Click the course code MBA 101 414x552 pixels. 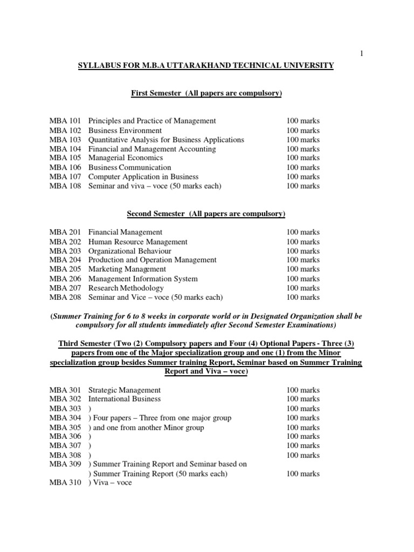(65, 121)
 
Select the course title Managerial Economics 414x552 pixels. (126, 158)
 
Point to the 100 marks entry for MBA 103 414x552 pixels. (303, 140)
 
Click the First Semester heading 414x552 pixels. (207, 93)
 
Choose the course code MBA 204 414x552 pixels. (65, 260)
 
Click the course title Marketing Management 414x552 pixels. (127, 269)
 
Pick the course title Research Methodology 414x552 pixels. (126, 288)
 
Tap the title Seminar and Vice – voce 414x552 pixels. (156, 297)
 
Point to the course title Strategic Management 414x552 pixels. (125, 390)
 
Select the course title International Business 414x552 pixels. (125, 399)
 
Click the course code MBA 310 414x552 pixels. (65, 483)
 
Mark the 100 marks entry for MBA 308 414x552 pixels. (303, 455)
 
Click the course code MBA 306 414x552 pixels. (65, 436)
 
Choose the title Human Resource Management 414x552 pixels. (138, 242)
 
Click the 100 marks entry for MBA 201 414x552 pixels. (303, 232)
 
